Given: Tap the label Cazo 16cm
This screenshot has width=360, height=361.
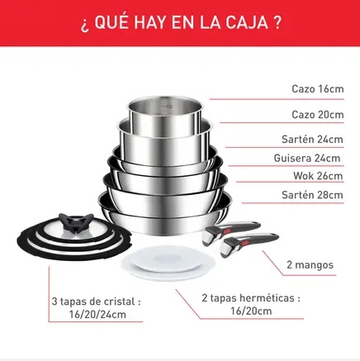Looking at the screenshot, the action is [318, 89].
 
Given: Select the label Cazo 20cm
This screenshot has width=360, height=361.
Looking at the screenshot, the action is [318, 114].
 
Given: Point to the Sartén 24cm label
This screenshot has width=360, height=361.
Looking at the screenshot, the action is [312, 139].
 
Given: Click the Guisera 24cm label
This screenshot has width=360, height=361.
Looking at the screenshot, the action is [307, 158].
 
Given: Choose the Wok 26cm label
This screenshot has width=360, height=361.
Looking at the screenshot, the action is [318, 176].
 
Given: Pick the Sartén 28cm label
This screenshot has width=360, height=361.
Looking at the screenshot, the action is [312, 195].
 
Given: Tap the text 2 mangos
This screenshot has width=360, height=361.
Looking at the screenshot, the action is [310, 265].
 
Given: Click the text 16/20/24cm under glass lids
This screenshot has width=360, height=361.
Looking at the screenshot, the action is [97, 314].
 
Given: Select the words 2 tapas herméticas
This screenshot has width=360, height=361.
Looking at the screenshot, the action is [248, 298].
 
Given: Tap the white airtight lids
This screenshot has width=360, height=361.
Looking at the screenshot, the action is [164, 262].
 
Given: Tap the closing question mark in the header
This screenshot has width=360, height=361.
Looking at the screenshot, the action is [277, 22].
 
